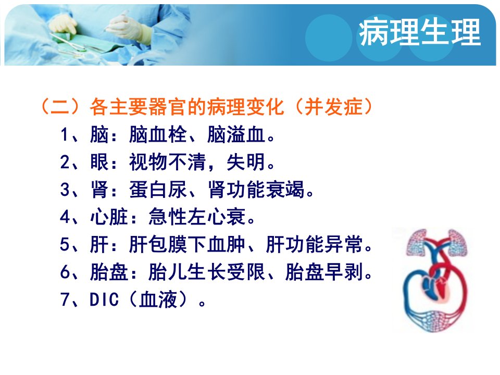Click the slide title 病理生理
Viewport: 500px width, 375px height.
420,32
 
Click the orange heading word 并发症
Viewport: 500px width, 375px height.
333,106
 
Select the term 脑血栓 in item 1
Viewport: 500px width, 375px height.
158,134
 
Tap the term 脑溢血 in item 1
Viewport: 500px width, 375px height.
236,134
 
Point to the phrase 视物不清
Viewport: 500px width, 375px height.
168,162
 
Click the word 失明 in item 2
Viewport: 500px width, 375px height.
246,162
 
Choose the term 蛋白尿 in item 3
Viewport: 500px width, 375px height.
158,190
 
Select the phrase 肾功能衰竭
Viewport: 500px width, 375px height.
256,190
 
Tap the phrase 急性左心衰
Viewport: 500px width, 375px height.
197,217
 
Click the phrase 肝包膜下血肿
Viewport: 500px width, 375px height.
187,245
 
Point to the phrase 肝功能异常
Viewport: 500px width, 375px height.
314,245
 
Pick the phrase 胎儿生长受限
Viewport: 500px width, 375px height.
207,272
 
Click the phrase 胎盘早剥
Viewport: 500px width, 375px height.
324,272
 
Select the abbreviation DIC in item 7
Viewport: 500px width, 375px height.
104,300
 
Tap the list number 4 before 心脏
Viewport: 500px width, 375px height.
65,217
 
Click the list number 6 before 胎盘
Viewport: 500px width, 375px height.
65,272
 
